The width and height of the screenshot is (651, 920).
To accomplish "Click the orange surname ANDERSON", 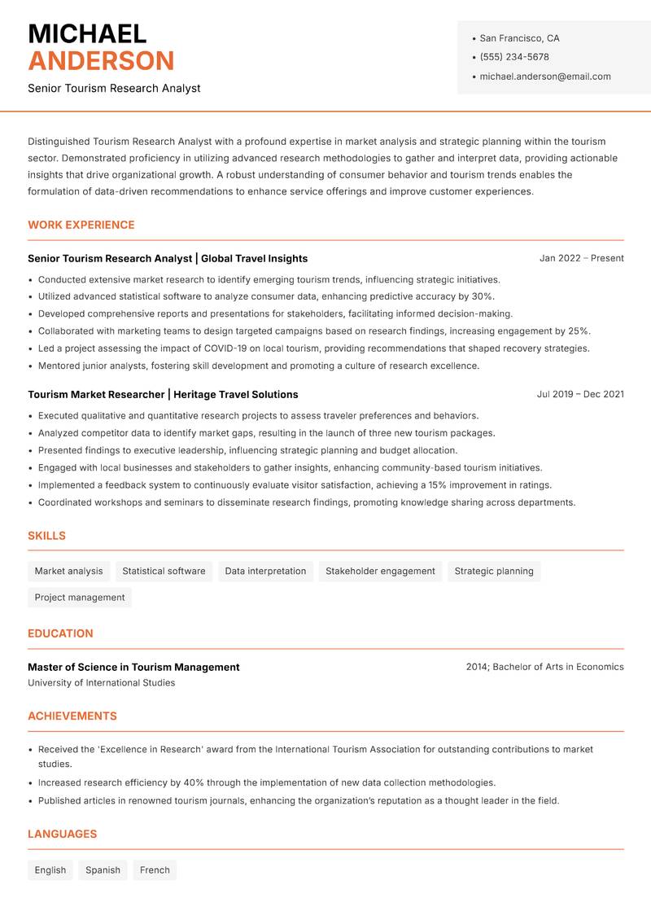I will click(101, 61).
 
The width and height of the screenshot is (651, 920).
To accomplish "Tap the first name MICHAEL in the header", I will click(87, 33).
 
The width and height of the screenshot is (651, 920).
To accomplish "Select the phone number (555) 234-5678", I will click(513, 57).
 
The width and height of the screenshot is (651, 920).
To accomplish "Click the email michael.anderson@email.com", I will click(544, 77).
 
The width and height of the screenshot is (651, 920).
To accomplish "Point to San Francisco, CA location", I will click(519, 38).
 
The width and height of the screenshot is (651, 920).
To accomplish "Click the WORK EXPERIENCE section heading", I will click(81, 225).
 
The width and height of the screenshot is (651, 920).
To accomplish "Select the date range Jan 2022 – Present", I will click(581, 258).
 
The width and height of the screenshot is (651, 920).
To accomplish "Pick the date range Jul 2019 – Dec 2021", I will click(580, 394).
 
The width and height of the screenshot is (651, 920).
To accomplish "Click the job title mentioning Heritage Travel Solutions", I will click(163, 394).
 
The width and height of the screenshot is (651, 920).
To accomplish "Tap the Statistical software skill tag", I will click(164, 571).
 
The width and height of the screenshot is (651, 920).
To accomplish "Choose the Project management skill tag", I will click(80, 597).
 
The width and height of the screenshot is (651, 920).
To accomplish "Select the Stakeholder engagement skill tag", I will click(380, 571).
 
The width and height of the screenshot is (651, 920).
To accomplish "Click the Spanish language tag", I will click(103, 870).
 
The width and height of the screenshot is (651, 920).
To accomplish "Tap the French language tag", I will click(155, 870).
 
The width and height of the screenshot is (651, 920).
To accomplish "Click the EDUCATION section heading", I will click(60, 633).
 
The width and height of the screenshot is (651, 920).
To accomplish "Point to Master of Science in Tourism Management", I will click(133, 667).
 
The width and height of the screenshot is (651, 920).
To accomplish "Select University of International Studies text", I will click(101, 683).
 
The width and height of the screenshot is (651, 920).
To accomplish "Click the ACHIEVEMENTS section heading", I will click(72, 716).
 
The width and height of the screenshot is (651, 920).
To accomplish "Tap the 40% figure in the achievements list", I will click(194, 782).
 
